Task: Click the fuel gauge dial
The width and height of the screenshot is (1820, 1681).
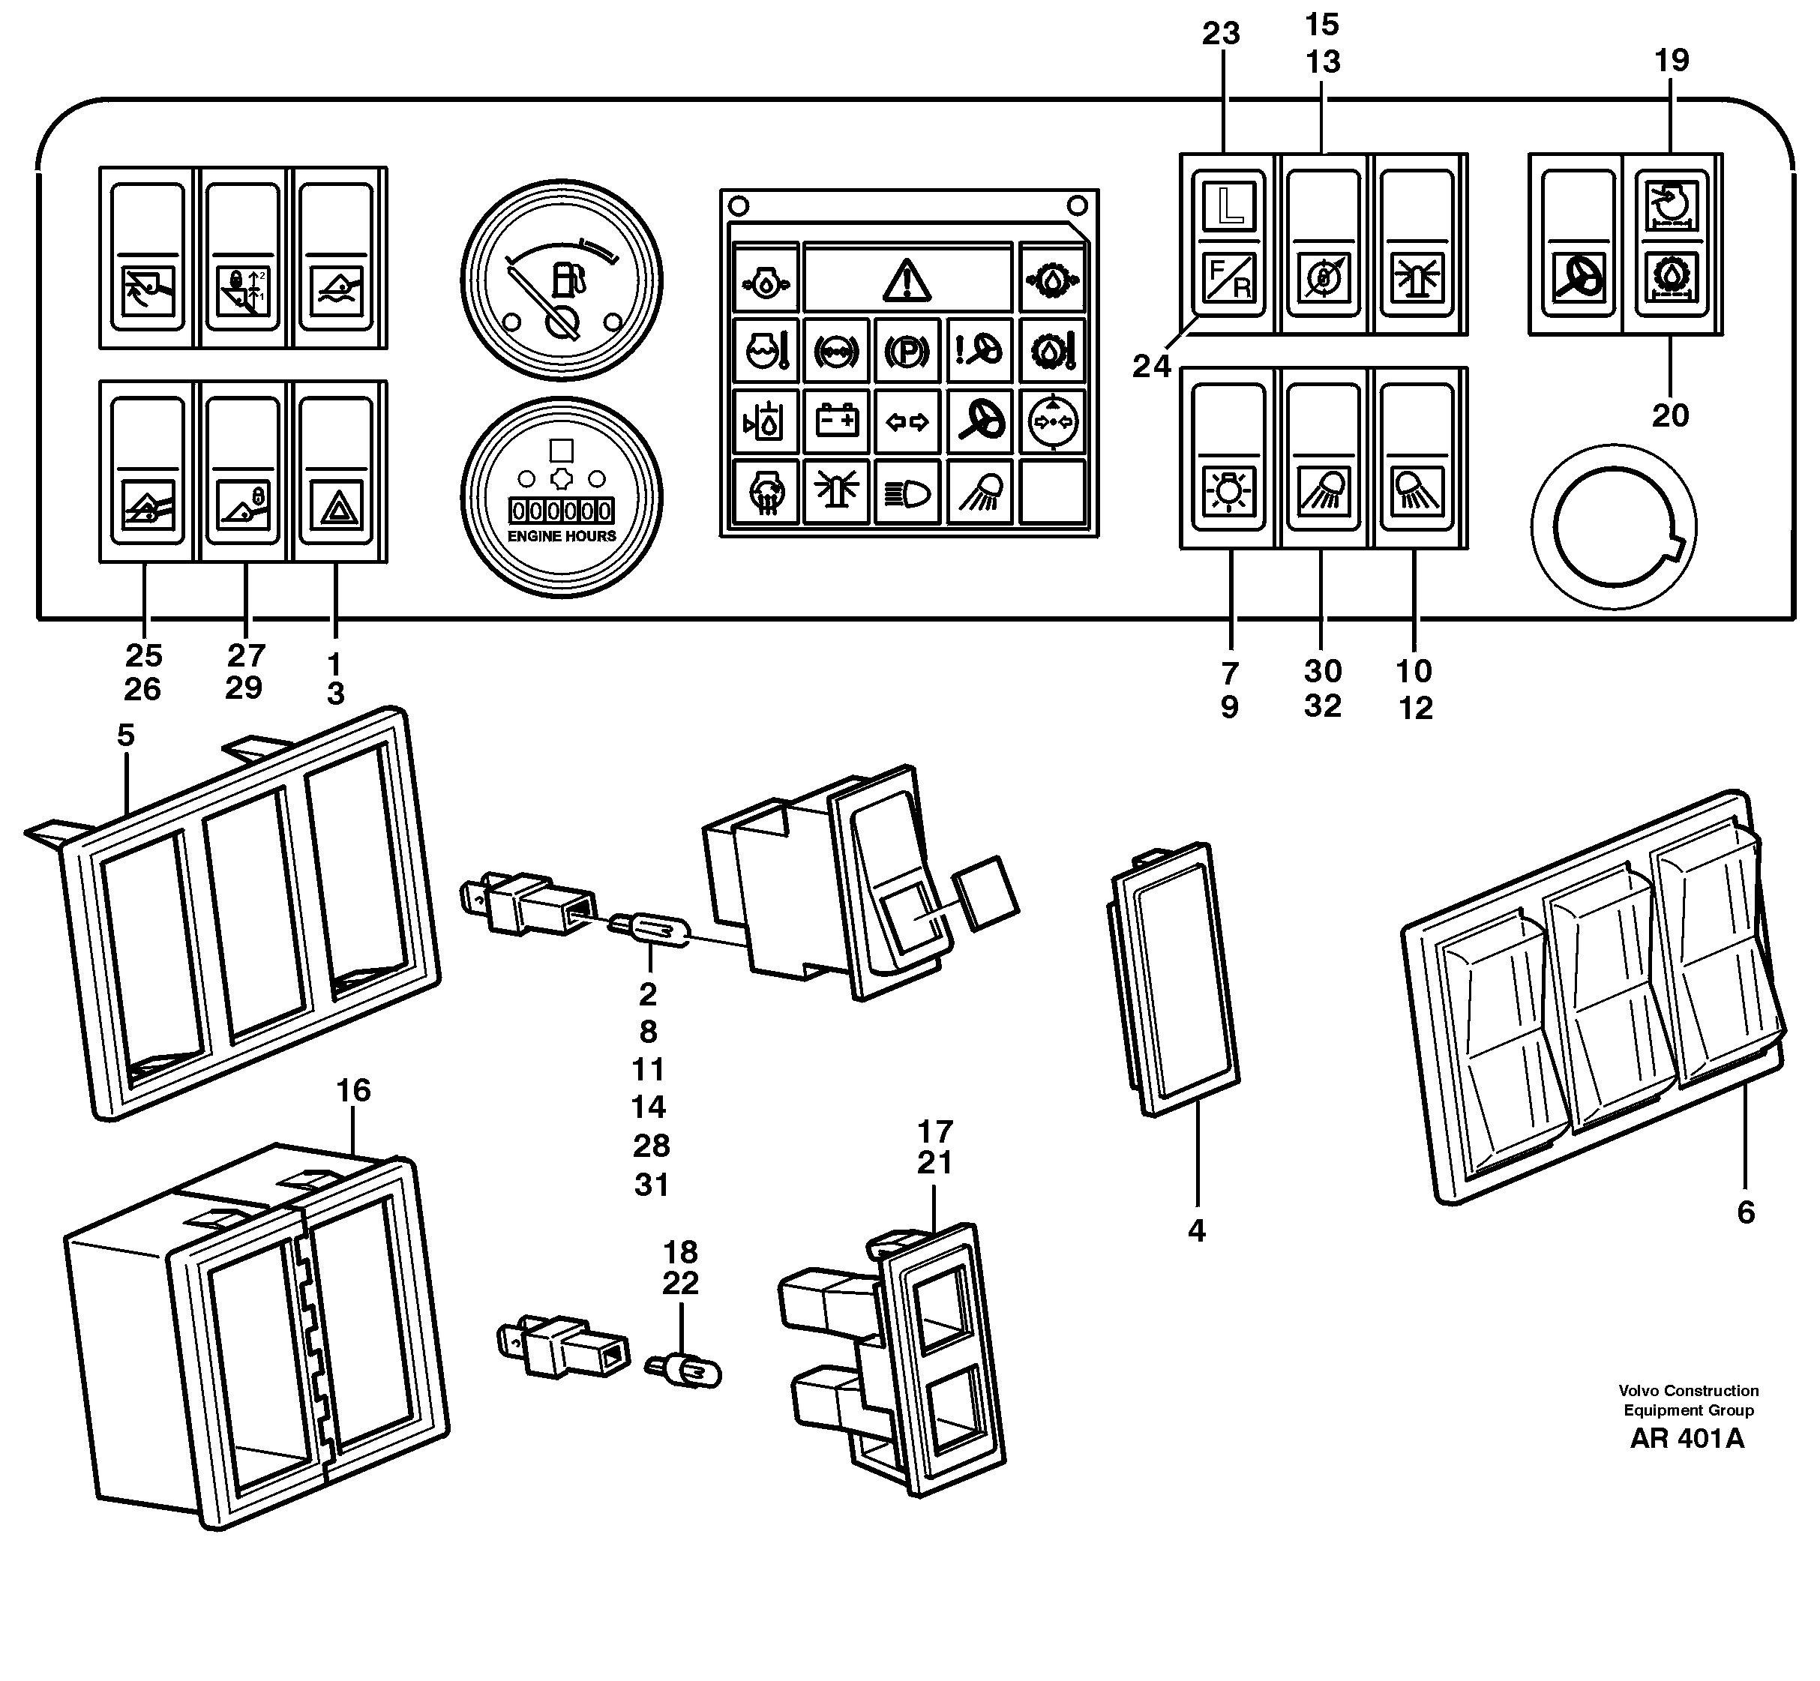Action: click(x=561, y=281)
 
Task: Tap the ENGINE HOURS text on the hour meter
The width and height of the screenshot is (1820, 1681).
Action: click(x=561, y=537)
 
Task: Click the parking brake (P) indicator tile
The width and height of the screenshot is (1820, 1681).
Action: click(x=907, y=351)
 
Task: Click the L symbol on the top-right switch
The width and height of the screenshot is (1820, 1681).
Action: click(x=1229, y=205)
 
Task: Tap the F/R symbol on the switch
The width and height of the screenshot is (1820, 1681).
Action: click(x=1229, y=278)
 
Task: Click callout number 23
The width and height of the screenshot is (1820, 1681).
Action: click(x=1221, y=34)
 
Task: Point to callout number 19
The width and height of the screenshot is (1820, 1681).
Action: click(x=1671, y=60)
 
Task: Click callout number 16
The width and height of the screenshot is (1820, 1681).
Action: click(x=353, y=1089)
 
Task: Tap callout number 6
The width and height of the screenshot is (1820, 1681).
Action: click(x=1744, y=1212)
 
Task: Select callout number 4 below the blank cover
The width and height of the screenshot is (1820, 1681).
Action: click(x=1196, y=1230)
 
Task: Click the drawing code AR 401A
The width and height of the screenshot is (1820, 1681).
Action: click(x=1687, y=1438)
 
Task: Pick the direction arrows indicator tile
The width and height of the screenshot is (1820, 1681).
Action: click(x=907, y=421)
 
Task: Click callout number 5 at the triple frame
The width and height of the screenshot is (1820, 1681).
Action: click(x=125, y=735)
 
